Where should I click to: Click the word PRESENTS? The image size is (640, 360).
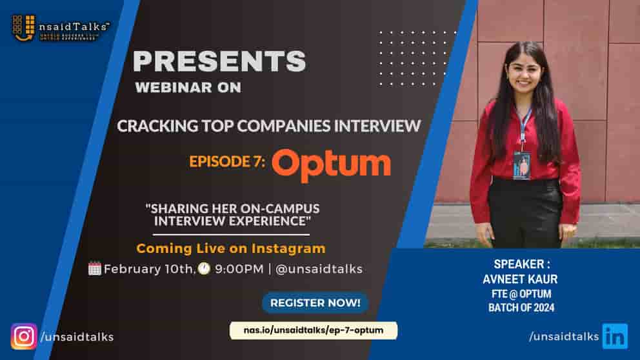point(219,61)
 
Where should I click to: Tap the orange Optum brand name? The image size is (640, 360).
point(331,163)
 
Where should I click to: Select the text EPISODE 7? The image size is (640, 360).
point(227,161)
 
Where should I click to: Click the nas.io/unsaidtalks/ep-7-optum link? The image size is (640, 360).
point(314,330)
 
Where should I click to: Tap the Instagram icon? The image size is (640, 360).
point(24,336)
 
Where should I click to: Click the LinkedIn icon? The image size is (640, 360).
point(614,336)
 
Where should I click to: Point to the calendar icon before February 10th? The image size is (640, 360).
point(95,268)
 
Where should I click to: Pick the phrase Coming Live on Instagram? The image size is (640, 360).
point(230,248)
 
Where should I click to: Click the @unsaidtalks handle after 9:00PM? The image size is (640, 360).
point(319,269)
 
